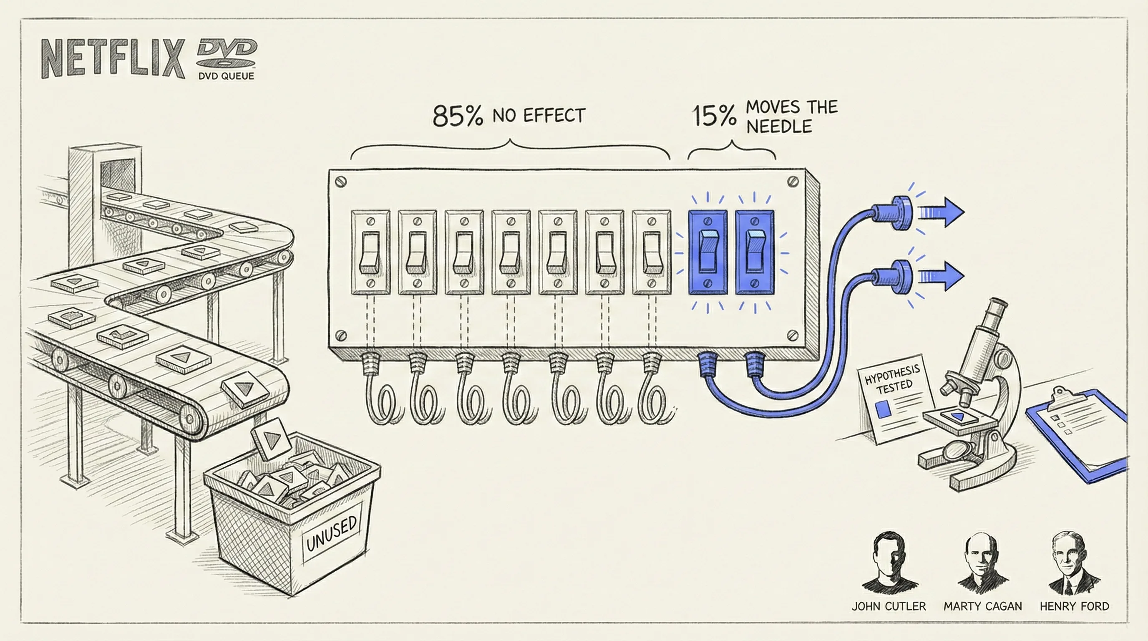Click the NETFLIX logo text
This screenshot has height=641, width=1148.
click(113, 58)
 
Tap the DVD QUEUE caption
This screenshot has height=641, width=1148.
click(226, 76)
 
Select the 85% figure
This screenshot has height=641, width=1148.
click(458, 116)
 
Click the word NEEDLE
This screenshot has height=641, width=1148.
click(778, 127)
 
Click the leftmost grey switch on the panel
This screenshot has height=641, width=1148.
click(370, 252)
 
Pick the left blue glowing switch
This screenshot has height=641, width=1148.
click(707, 252)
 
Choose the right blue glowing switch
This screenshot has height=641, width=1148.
click(755, 252)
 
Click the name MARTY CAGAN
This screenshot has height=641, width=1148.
click(983, 606)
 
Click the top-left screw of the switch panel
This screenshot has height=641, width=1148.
click(340, 182)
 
